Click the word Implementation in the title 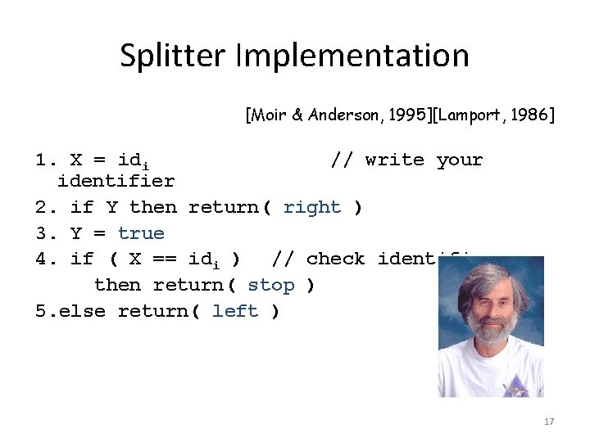pos(352,56)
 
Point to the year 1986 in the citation pos(532,115)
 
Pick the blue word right pos(311,207)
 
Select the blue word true pos(141,233)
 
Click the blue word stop pos(270,285)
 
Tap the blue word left pos(235,311)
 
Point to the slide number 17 pos(549,422)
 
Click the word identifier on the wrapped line pos(116,181)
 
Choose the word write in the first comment pos(394,160)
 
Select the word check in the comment pos(335,259)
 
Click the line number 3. pos(41,233)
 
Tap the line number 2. pos(41,207)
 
